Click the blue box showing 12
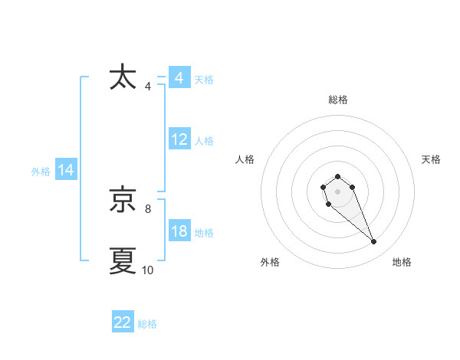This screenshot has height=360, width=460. click(179, 140)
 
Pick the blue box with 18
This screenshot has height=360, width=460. click(179, 232)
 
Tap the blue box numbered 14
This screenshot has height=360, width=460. click(66, 171)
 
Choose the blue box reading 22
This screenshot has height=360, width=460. click(123, 322)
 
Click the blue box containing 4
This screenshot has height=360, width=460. click(179, 78)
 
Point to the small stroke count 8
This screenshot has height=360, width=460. click(148, 208)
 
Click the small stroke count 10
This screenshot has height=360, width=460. click(148, 270)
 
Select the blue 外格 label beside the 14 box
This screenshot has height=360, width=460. click(41, 172)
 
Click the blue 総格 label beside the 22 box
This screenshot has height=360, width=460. click(147, 324)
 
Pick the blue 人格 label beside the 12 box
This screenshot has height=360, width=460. click(204, 141)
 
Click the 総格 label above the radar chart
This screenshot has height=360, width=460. click(338, 100)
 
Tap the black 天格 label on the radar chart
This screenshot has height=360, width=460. click(431, 159)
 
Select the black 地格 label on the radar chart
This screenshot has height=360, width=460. click(402, 262)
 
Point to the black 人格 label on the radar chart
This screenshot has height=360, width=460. click(245, 159)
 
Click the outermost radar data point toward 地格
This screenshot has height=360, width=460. click(374, 242)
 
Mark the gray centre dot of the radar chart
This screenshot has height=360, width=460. click(337, 190)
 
